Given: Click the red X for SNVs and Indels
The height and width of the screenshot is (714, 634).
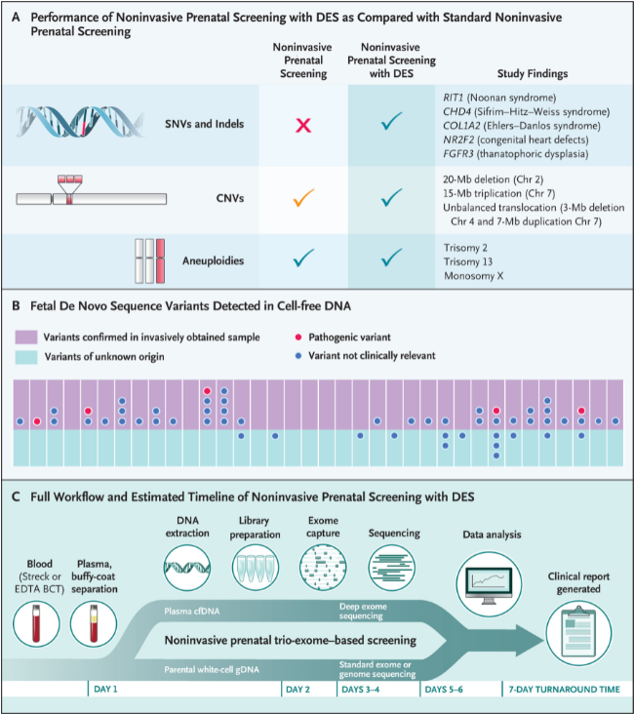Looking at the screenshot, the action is (x=303, y=125).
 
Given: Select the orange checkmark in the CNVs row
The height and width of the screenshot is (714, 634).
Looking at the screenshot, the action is (x=303, y=198).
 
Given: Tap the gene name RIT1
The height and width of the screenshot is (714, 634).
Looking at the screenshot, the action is (x=453, y=98).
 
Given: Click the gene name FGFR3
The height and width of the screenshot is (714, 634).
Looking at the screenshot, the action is (x=458, y=154).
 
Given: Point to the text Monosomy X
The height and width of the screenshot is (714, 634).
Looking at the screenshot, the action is (x=474, y=276).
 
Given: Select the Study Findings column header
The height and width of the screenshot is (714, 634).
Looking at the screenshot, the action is (x=533, y=74).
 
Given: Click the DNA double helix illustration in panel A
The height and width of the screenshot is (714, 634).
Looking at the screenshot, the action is (x=80, y=122).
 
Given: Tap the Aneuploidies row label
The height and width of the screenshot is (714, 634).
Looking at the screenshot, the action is (x=214, y=260).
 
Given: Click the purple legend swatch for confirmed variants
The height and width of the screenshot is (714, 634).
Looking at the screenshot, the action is (x=26, y=337).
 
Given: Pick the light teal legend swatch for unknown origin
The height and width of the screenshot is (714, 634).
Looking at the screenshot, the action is (x=26, y=357).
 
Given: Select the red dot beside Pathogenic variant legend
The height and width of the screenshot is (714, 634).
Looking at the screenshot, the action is (x=298, y=337).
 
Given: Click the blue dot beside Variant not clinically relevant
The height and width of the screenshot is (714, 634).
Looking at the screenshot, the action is (x=298, y=356).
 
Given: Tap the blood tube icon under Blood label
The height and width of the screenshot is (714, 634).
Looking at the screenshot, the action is (x=36, y=624).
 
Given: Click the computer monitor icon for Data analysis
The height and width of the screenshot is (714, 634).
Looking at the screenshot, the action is (x=490, y=584).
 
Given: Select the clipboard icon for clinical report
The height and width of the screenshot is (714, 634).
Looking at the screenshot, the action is (x=578, y=633).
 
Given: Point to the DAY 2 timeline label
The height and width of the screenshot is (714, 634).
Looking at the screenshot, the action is (x=297, y=690).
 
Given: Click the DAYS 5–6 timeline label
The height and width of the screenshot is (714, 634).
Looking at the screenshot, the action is (x=444, y=690).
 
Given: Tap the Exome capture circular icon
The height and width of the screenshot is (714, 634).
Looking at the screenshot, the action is (x=323, y=568).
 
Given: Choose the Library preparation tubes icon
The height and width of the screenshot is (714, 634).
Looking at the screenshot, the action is (x=255, y=568).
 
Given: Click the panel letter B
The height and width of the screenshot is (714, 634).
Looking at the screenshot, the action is (x=16, y=306).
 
